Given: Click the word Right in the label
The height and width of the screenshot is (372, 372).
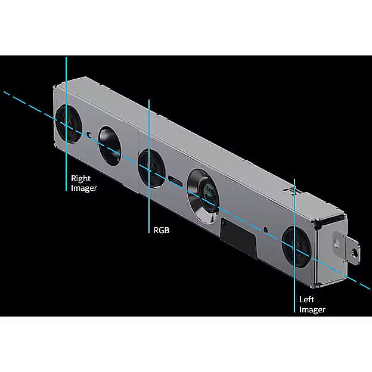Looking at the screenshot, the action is coord(80,178).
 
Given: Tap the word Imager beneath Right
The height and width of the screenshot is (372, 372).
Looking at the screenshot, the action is coord(84,188).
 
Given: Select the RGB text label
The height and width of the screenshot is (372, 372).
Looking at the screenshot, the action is coord(162,230).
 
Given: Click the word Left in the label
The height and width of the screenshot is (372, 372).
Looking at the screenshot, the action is coord(306,299).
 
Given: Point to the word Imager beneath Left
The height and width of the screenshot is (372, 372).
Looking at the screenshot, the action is coord(312,309).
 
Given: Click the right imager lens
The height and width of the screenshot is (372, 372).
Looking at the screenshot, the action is coord(69,125).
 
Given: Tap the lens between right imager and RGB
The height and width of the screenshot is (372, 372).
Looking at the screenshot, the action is coord(110,146).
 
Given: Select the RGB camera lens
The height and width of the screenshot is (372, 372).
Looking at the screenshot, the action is coord(151,168).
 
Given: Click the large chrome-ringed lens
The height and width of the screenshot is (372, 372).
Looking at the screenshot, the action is coord(203,196).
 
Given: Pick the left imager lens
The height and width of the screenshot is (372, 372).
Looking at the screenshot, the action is coord(296,247).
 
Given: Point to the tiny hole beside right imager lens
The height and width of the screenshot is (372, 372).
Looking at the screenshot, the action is coord(89,135).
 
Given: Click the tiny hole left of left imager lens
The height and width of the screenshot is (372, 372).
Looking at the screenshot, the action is coord(266,230).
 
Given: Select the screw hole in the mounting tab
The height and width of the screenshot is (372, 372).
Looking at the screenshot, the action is coord(355,253).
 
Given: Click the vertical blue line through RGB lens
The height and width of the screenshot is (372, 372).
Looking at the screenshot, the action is coord(149,166).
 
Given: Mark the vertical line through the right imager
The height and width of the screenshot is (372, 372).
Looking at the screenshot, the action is coord(66,124).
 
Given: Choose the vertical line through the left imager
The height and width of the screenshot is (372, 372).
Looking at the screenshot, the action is coord(294,246).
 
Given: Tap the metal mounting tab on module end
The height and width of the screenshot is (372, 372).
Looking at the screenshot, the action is coord(347,247).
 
